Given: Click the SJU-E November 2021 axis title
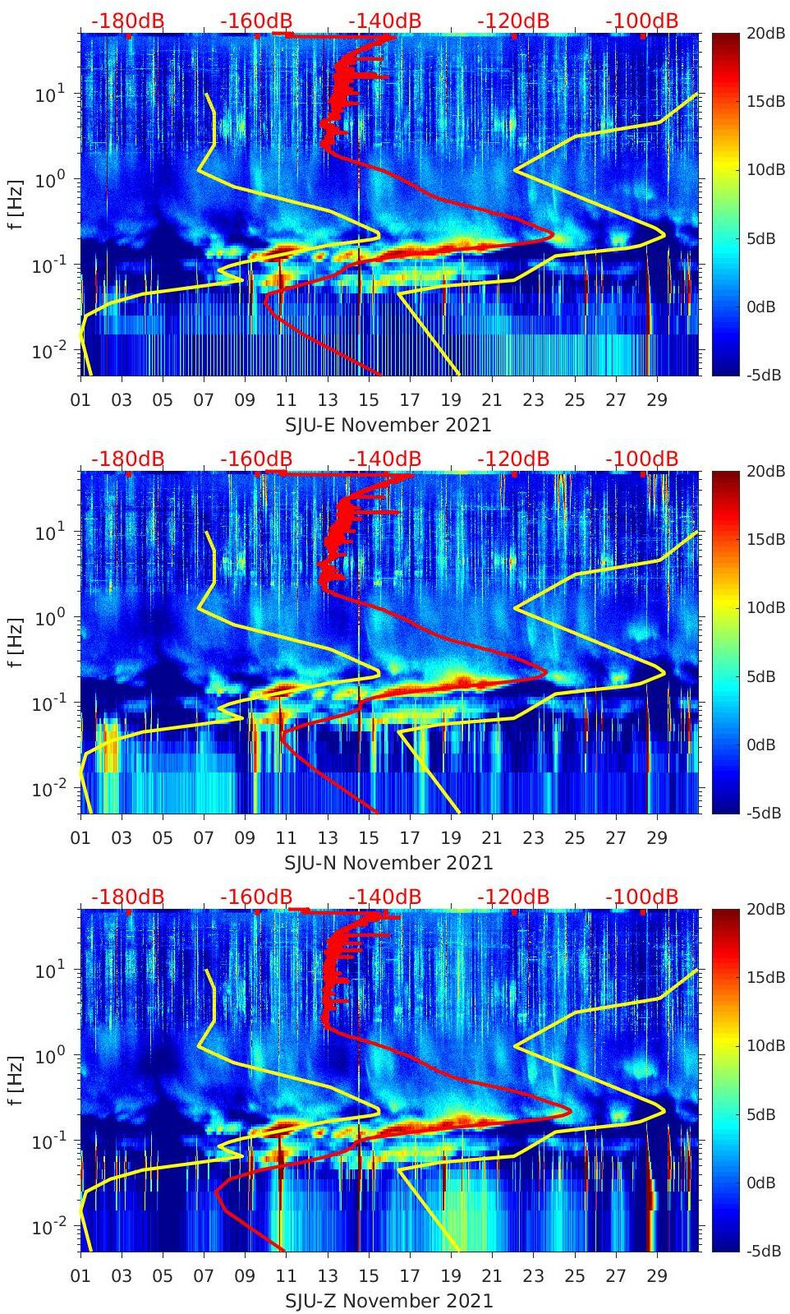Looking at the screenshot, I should [x=388, y=425].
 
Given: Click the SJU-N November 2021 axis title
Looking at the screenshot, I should [x=388, y=863].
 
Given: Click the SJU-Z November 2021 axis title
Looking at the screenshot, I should [x=388, y=1301].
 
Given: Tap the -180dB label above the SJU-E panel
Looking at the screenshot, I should [x=127, y=21].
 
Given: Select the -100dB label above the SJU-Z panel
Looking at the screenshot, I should [x=642, y=897].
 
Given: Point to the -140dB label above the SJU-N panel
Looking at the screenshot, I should [x=384, y=459].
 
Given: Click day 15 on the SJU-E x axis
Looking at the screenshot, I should [x=369, y=400].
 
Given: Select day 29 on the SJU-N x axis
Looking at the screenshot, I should [x=657, y=838].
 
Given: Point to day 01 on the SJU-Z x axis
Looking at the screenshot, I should [x=80, y=1276].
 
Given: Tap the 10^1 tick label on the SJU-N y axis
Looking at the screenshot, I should [x=50, y=532].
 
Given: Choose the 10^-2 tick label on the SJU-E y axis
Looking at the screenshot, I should [x=48, y=351].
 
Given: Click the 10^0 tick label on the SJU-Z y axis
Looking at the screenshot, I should [x=50, y=1055].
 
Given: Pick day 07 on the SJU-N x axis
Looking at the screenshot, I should [x=204, y=838].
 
